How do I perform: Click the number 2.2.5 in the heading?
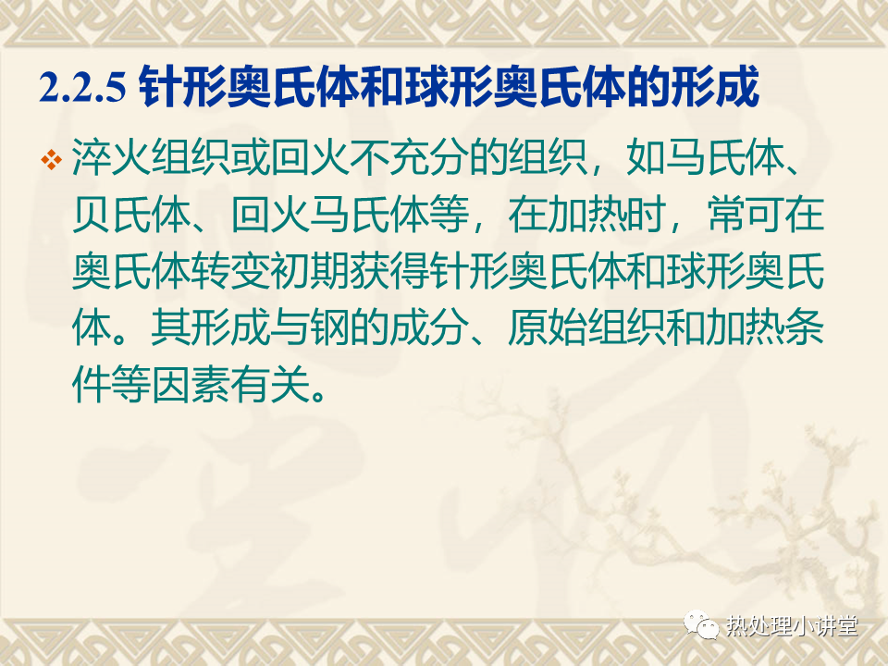[x=82, y=87]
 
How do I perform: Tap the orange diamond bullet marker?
[x=51, y=159]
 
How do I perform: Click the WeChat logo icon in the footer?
[x=701, y=624]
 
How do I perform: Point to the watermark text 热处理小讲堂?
[x=792, y=626]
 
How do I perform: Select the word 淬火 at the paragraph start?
[x=112, y=157]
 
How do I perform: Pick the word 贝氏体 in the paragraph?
[x=131, y=215]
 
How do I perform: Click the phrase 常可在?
[x=765, y=215]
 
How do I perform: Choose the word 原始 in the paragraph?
[x=547, y=328]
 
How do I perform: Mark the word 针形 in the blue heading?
[x=182, y=87]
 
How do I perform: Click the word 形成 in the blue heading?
[x=715, y=87]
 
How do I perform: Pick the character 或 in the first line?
[x=251, y=157]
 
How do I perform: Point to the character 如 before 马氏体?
[x=647, y=157]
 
